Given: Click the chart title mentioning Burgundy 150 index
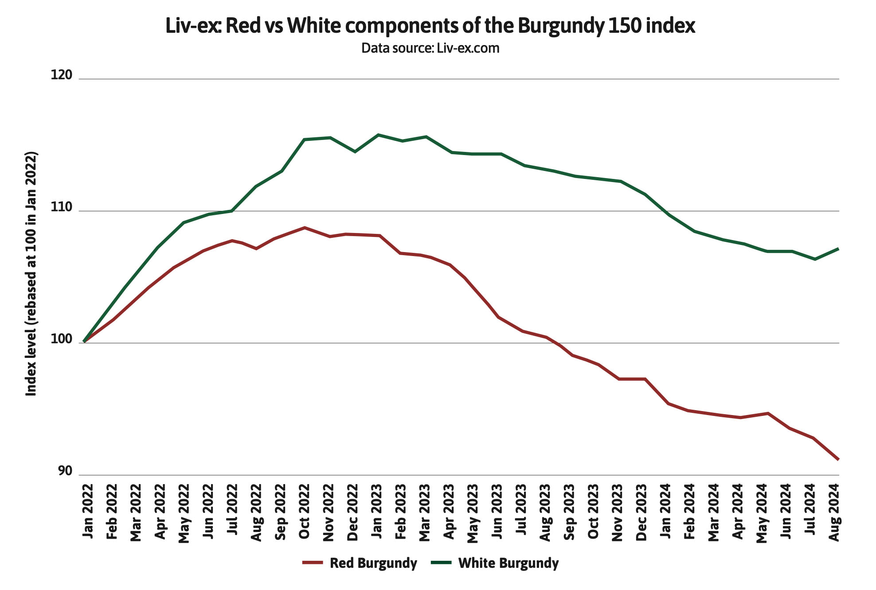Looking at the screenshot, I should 430,26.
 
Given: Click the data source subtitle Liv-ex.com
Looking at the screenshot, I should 430,48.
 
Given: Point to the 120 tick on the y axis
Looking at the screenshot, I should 61,75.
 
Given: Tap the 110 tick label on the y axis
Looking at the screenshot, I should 61,207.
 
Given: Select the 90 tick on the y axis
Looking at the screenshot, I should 64,471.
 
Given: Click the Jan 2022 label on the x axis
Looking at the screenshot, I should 88,512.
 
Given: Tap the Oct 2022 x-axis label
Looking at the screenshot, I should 304,512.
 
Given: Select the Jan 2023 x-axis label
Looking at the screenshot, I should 376,512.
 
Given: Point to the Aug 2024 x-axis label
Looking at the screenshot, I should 834,512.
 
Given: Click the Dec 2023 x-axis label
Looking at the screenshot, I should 641,512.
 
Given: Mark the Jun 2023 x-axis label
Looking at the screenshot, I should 497,512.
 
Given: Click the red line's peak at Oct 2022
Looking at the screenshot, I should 305,228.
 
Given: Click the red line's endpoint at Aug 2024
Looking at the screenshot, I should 838,459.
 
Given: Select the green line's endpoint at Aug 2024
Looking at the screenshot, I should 838,249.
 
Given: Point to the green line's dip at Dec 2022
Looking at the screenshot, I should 355,152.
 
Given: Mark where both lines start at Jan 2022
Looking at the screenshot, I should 84,342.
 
